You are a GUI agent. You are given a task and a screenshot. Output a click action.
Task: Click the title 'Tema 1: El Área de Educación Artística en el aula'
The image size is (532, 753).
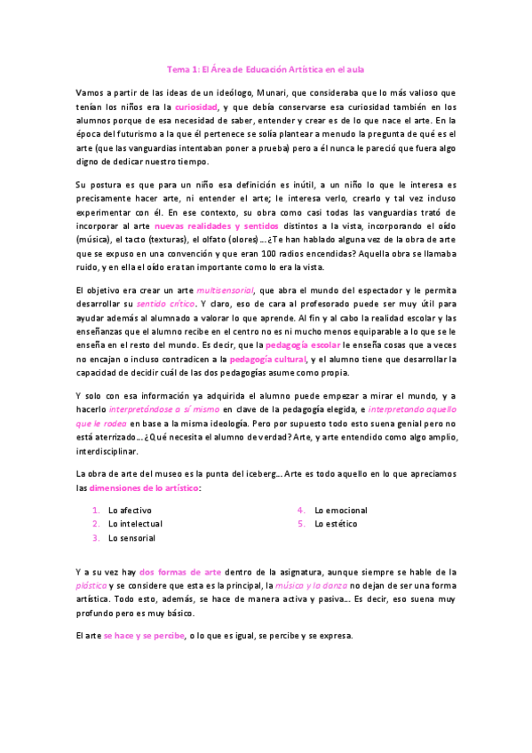pyautogui.click(x=266, y=68)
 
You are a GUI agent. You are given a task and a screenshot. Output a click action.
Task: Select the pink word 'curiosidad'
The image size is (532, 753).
pyautogui.click(x=195, y=106)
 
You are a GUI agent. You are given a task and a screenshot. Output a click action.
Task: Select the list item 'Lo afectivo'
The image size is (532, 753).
pyautogui.click(x=130, y=511)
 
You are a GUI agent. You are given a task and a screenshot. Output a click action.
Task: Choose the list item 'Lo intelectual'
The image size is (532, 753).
pyautogui.click(x=135, y=524)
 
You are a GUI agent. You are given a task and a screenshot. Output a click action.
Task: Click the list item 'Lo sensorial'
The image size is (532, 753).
pyautogui.click(x=131, y=538)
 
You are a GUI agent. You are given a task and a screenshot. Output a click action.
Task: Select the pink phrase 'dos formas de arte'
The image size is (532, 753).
pyautogui.click(x=180, y=573)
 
